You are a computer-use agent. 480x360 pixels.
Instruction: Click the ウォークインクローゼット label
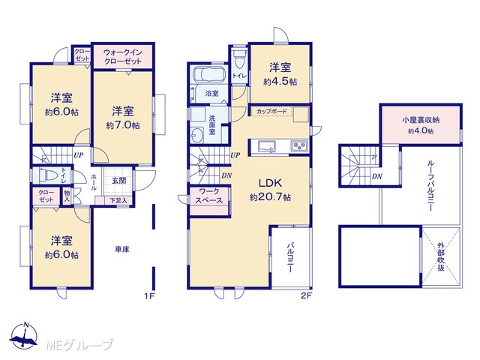(x=123, y=57)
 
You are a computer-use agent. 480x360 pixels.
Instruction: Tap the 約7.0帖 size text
(x=123, y=125)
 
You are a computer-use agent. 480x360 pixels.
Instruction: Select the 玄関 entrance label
(x=118, y=181)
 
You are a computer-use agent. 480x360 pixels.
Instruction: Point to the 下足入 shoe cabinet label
(x=118, y=201)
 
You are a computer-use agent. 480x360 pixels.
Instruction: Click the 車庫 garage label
(x=122, y=250)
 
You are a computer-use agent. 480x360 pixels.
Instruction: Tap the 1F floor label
(x=150, y=296)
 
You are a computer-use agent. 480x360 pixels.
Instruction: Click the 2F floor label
(x=306, y=296)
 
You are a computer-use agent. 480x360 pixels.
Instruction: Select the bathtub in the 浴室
(x=210, y=73)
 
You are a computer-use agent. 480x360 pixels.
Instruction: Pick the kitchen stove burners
(x=299, y=145)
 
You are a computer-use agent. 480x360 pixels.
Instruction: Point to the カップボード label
(x=271, y=112)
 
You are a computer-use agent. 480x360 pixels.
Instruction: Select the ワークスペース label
(x=209, y=196)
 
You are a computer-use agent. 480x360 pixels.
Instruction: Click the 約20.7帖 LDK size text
(x=270, y=196)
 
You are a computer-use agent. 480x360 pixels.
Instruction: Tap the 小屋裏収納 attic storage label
(x=421, y=120)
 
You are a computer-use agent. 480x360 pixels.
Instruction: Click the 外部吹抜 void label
(x=441, y=256)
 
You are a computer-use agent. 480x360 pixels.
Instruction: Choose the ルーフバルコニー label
(x=430, y=187)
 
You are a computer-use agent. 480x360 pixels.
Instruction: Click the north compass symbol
(x=24, y=335)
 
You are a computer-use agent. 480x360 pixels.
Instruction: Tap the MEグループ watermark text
(x=79, y=345)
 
